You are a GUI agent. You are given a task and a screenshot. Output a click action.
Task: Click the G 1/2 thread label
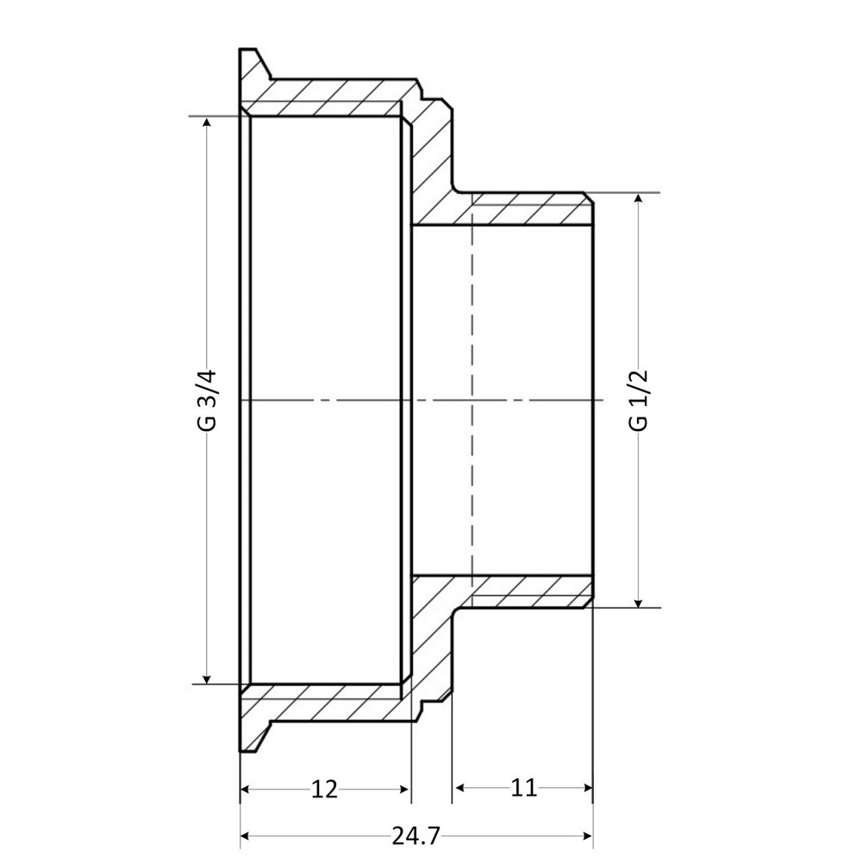pos(639,400)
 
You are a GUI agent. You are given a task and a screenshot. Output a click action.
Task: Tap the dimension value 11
pos(523,788)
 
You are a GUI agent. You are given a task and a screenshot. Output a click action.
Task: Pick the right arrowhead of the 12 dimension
pos(404,788)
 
